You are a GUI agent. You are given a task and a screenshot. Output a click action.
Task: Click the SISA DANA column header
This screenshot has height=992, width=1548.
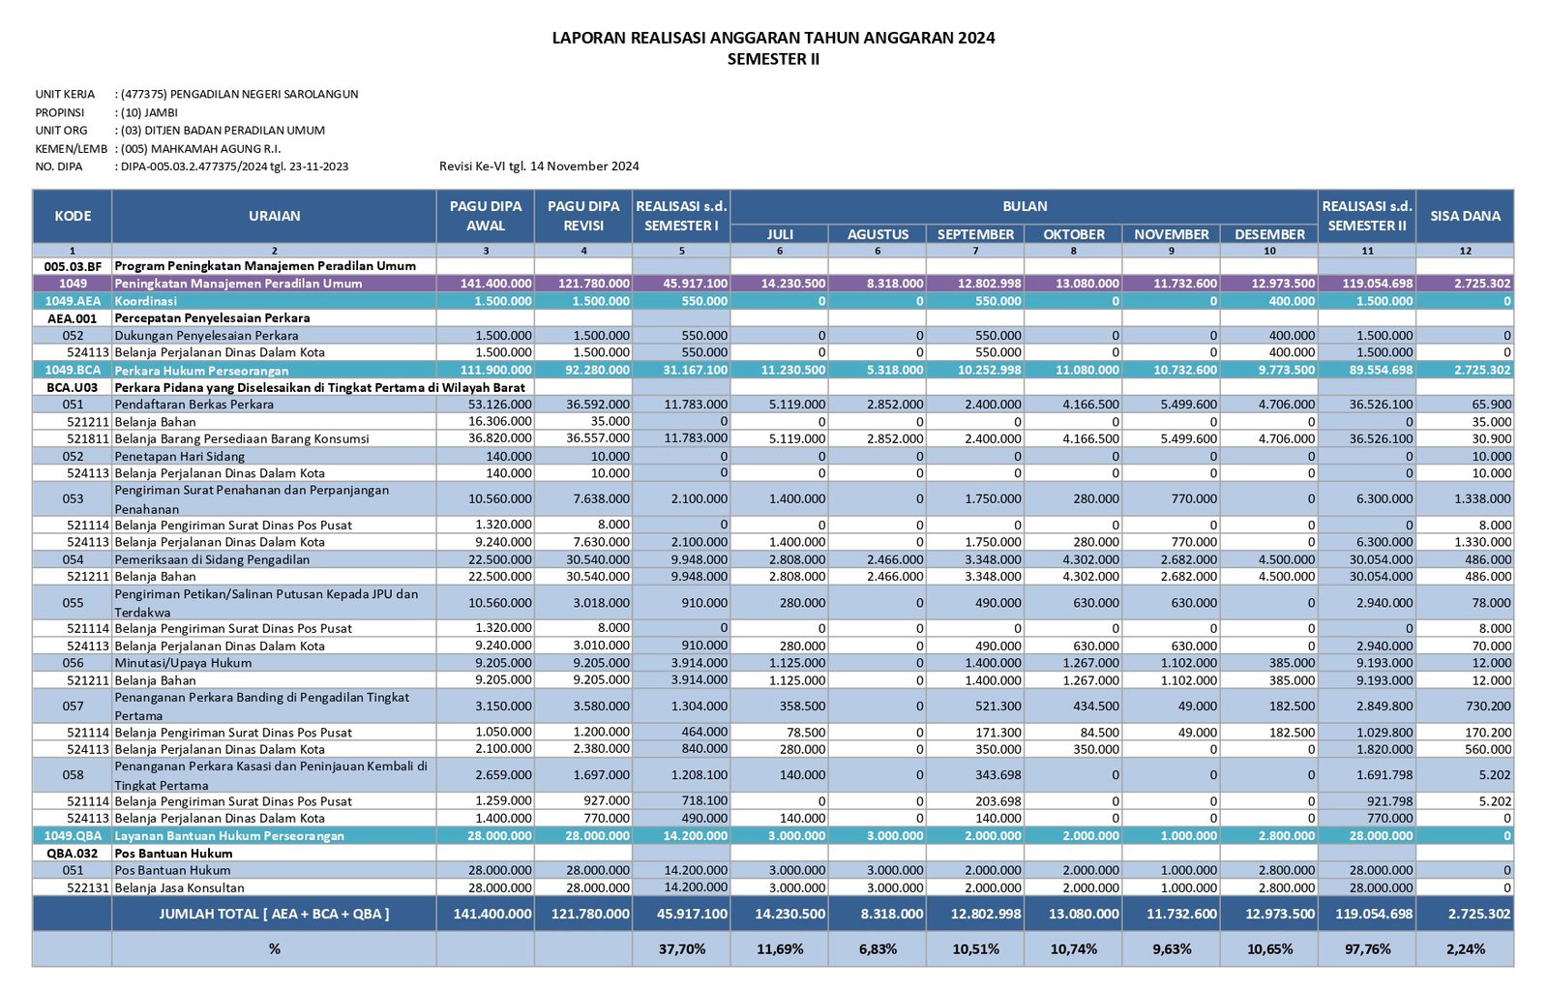click(1465, 216)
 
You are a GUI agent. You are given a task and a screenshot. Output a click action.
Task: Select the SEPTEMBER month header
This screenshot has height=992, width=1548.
click(975, 234)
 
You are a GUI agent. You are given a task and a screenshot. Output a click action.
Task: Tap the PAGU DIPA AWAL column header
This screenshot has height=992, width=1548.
click(485, 216)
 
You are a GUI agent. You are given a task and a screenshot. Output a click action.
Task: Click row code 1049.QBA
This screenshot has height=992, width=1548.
click(73, 836)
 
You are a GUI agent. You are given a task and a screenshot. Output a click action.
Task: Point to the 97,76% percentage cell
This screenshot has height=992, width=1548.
click(1367, 949)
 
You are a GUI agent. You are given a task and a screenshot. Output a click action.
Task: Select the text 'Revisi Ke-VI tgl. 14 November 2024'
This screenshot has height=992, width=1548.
click(539, 166)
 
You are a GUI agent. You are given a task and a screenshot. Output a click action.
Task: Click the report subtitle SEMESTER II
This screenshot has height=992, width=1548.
click(773, 59)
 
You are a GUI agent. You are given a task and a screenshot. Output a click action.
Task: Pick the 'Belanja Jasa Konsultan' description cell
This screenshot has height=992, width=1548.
click(180, 887)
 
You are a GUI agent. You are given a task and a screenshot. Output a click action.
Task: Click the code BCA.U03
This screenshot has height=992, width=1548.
click(72, 387)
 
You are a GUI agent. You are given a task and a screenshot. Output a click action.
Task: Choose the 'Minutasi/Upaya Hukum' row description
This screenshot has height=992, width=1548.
click(183, 663)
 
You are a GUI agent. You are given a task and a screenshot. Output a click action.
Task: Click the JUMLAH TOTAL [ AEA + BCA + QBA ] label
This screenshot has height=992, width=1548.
click(275, 914)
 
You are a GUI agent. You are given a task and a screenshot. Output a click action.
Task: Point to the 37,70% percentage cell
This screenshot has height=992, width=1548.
click(681, 949)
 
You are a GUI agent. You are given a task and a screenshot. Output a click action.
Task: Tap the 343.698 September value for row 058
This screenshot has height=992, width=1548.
click(997, 775)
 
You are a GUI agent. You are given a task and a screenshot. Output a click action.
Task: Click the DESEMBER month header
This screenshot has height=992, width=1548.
click(1269, 234)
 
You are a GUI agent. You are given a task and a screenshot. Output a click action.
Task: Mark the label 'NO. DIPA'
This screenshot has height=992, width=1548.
click(59, 166)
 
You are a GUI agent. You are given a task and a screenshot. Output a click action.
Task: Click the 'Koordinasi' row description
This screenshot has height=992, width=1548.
click(146, 301)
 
